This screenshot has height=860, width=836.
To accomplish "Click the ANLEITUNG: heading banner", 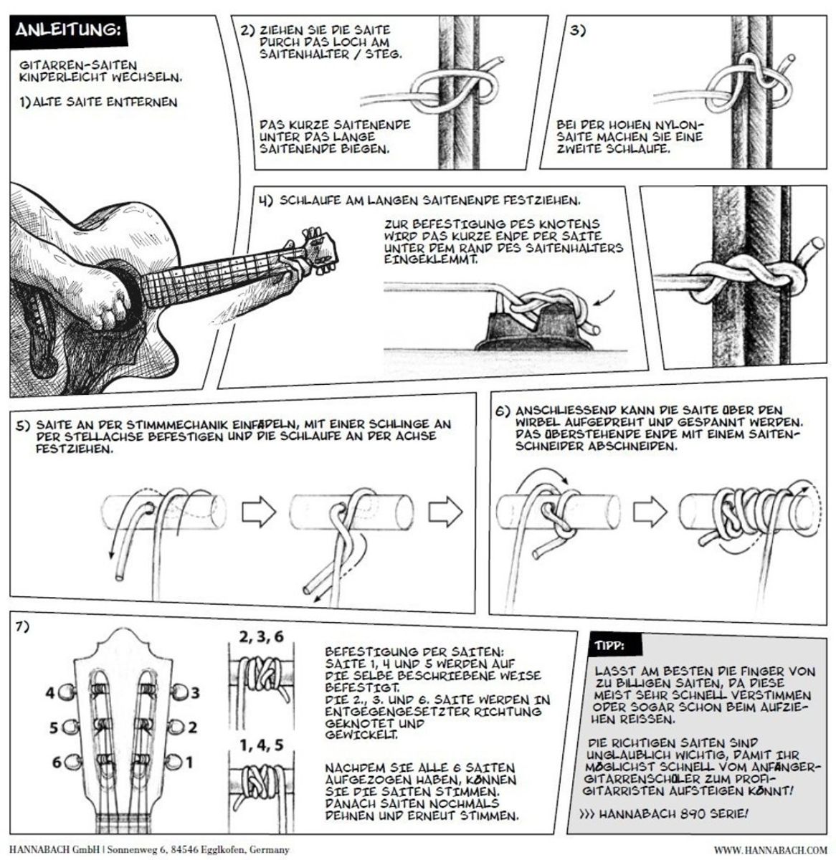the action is tap(69, 31).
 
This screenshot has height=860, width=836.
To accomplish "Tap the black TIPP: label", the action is tap(615, 644).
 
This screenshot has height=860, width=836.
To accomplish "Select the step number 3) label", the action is tap(577, 32).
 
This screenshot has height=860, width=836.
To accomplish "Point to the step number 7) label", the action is tap(23, 627).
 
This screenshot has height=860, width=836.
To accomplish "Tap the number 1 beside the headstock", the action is tap(189, 763).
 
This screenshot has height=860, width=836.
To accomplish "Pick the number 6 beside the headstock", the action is tap(57, 763).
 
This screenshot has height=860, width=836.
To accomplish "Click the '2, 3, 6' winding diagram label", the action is tap(261, 637).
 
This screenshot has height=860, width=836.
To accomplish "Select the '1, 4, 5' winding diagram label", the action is tap(261, 745).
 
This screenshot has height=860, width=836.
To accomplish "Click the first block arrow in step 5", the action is tap(259, 511).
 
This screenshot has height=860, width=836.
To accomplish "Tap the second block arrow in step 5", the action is tap(446, 511).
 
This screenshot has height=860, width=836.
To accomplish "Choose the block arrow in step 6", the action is tap(650, 511).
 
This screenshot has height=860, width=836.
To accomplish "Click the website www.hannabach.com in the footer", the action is tap(770, 850).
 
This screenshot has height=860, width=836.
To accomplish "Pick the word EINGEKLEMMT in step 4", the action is tap(431, 259).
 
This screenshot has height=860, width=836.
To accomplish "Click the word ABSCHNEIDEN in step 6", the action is tap(632, 446).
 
